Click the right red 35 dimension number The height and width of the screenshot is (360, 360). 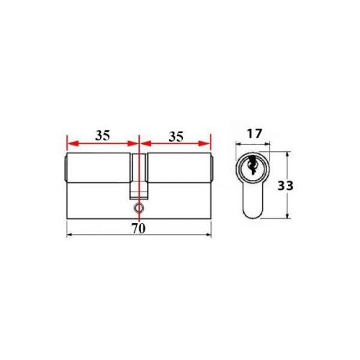click(176, 135)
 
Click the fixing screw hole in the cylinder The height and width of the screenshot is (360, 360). click(138, 208)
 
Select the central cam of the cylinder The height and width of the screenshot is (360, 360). click(138, 173)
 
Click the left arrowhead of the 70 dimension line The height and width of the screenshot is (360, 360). click(68, 235)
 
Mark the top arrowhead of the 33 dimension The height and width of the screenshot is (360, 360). click(288, 155)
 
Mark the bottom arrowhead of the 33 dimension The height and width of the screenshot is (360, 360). click(288, 215)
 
